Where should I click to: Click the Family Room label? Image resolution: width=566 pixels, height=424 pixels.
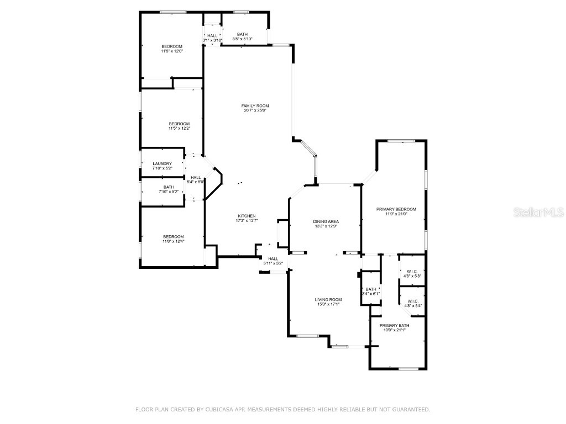point(255,105)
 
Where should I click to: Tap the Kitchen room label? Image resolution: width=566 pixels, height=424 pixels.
point(247,215)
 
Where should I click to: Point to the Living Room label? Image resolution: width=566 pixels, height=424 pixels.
point(328,299)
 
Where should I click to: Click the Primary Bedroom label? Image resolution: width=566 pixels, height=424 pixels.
point(396,209)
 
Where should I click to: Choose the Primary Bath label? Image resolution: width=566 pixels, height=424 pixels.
point(394,325)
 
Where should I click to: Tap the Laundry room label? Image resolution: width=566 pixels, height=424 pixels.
point(162,163)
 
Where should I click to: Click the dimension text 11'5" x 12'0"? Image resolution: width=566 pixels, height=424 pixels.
point(172,51)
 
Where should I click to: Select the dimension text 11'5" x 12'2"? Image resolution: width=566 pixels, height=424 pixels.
point(179,128)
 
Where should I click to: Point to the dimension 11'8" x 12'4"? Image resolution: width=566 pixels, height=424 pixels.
point(173,241)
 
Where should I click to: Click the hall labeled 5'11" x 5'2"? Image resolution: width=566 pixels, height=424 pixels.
point(272,261)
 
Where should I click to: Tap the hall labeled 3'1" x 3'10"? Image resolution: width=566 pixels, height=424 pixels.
point(212,38)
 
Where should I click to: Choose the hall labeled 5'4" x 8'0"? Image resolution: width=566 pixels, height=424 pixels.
point(196,179)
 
